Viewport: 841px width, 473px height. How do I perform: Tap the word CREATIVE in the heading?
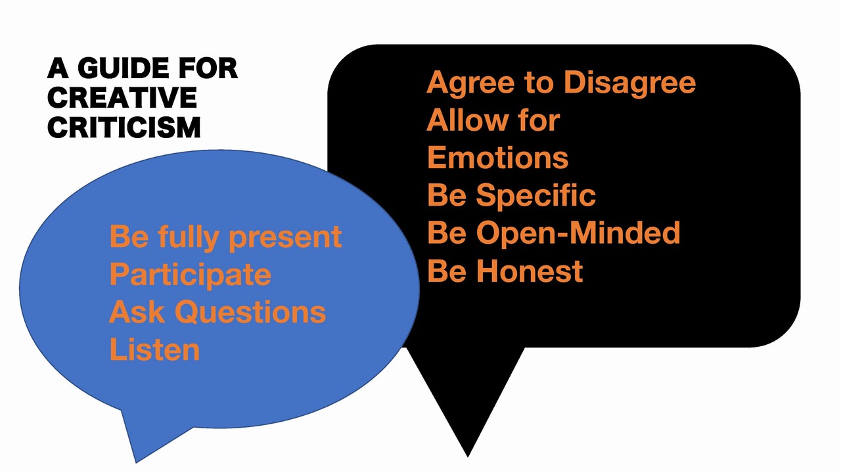click(x=122, y=98)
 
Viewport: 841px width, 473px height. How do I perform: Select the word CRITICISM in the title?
click(x=124, y=127)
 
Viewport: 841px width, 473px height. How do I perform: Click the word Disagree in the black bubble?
click(x=629, y=83)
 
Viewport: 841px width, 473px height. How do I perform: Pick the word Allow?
click(x=468, y=120)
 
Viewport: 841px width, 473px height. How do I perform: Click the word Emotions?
click(x=498, y=158)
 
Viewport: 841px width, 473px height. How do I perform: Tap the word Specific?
click(x=535, y=196)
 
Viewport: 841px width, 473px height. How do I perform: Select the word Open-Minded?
click(x=578, y=233)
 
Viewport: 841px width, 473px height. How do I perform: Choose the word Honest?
click(x=530, y=271)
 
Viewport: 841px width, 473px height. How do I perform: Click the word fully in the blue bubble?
click(x=189, y=238)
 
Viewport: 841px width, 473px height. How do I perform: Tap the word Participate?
click(x=190, y=275)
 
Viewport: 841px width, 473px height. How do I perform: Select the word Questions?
click(x=250, y=312)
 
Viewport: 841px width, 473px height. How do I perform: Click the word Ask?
click(x=137, y=312)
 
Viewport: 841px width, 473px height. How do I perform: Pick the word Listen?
click(x=154, y=350)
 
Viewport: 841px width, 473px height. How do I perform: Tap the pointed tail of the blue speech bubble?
click(x=136, y=462)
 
